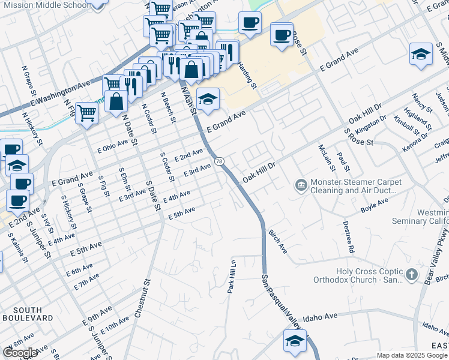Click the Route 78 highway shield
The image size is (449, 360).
click(x=220, y=161)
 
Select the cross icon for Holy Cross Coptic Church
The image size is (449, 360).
click(x=411, y=275)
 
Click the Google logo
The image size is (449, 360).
click(x=20, y=352)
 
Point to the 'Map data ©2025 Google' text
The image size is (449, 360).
click(x=412, y=355)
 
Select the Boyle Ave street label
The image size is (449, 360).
click(x=374, y=206)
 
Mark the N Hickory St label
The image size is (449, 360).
click(x=32, y=130)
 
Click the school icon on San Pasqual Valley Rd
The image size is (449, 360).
click(x=294, y=341)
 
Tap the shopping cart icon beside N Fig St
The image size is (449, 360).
click(x=86, y=112)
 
